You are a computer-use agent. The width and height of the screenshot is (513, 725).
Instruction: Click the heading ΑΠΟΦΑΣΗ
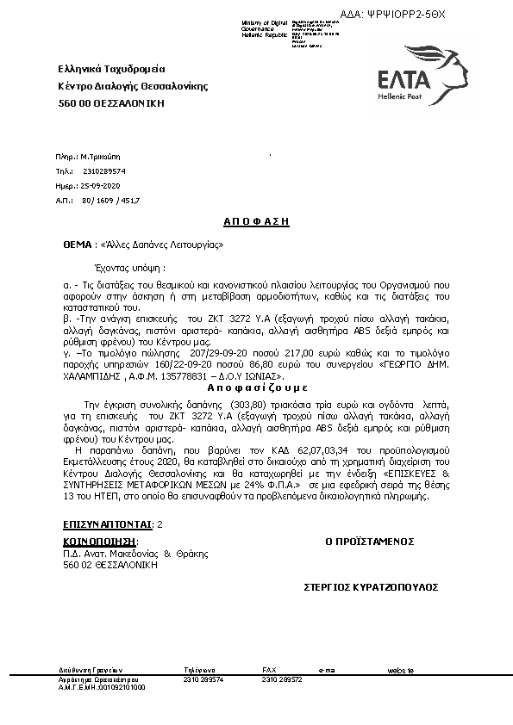[x=256, y=221]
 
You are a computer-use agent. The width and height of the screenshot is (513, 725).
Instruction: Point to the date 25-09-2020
[x=101, y=186]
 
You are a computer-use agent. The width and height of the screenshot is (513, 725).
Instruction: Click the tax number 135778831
[x=216, y=376]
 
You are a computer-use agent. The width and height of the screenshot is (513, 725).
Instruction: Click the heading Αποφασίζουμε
[x=255, y=388]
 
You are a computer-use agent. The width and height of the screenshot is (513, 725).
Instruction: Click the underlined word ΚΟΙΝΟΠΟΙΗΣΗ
[x=99, y=542]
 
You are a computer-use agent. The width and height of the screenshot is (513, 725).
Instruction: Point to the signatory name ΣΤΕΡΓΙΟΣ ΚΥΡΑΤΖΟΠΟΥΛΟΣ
[x=371, y=586]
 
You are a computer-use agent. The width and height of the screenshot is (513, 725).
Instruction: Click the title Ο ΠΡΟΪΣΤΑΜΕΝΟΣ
[x=369, y=542]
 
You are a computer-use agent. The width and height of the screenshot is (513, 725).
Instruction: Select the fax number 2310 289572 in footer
[x=281, y=679]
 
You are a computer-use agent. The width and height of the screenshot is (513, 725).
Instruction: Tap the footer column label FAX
[x=269, y=670]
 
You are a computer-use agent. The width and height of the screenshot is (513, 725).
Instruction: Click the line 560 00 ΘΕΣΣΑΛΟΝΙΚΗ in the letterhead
[x=110, y=103]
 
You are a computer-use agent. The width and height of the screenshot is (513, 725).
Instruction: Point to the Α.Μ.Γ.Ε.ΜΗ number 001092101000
[x=120, y=687]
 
